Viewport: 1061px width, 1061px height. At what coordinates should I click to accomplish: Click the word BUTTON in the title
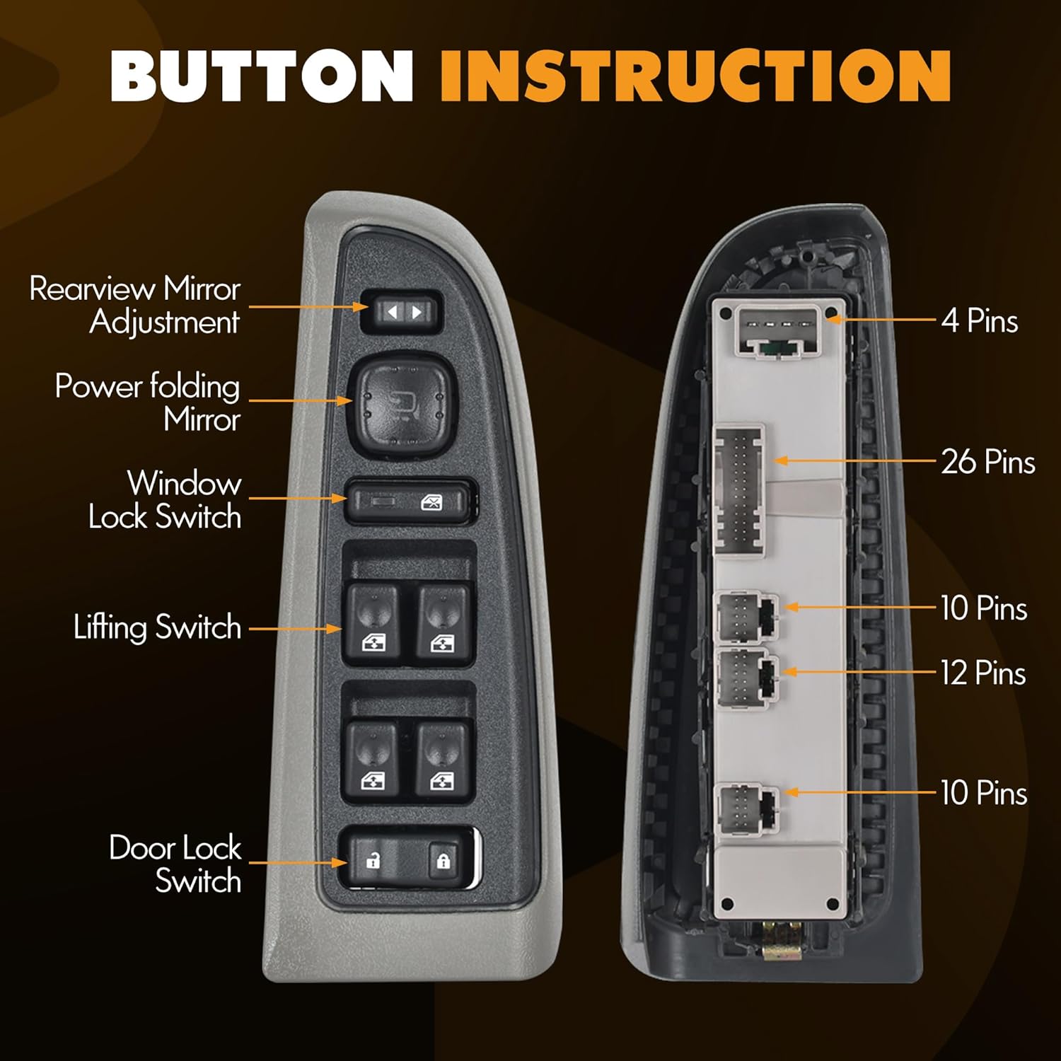pyautogui.click(x=262, y=76)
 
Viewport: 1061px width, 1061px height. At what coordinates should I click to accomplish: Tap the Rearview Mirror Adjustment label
pyautogui.click(x=134, y=305)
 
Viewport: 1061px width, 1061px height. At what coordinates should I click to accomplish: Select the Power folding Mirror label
pyautogui.click(x=147, y=402)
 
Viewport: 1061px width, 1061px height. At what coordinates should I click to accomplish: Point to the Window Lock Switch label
pyautogui.click(x=165, y=500)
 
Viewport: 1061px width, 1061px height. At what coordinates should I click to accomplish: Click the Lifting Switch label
pyautogui.click(x=157, y=627)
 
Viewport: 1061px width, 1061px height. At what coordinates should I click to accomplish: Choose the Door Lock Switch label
pyautogui.click(x=175, y=864)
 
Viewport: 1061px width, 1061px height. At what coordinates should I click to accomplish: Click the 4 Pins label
pyautogui.click(x=980, y=321)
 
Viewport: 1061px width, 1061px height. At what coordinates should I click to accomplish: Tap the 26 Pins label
pyautogui.click(x=987, y=462)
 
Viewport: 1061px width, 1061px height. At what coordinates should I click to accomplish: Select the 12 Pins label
pyautogui.click(x=983, y=673)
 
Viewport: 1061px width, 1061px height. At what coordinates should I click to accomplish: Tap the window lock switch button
pyautogui.click(x=410, y=502)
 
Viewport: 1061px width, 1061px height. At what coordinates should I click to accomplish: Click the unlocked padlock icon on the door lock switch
pyautogui.click(x=373, y=861)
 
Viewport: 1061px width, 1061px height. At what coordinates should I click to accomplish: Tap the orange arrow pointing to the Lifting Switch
pyautogui.click(x=296, y=628)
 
